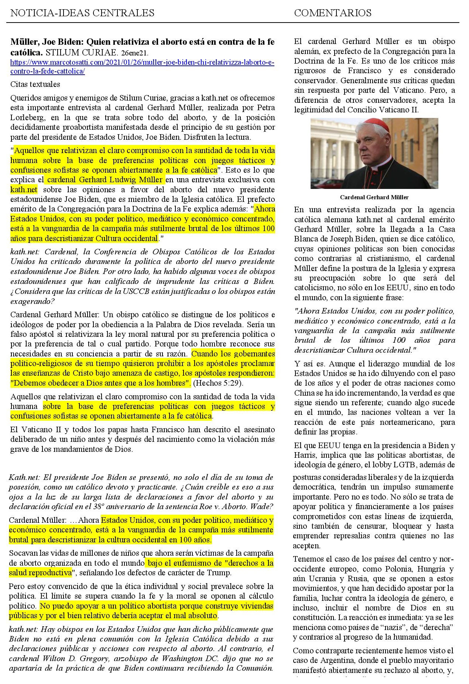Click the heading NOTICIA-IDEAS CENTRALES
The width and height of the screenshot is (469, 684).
[x=82, y=13]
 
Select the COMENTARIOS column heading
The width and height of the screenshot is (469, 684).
[x=332, y=13]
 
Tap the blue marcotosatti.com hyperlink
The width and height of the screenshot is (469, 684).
[x=142, y=67]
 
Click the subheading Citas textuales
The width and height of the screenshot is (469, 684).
[x=35, y=84]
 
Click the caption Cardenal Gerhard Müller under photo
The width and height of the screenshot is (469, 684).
[x=374, y=197]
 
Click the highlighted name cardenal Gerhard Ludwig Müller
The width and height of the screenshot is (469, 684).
[x=105, y=180]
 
